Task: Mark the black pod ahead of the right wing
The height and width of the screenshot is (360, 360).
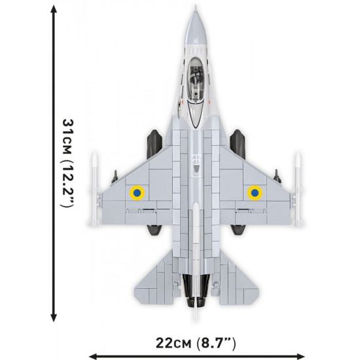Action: click(238, 139)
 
